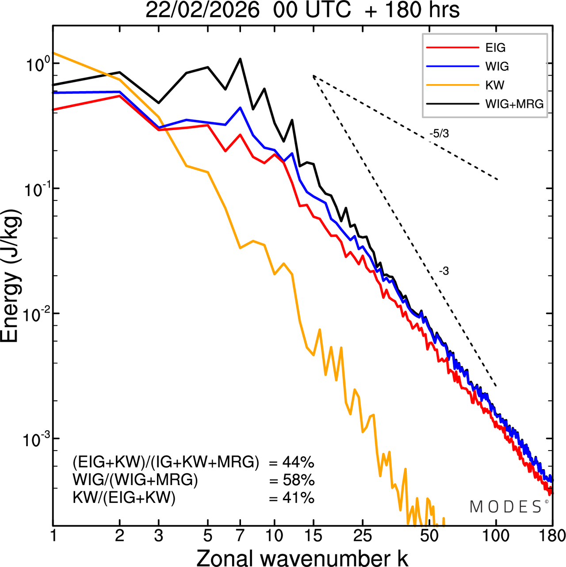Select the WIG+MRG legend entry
pos(514,104)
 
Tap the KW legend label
pos(495,85)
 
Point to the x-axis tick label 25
pos(363,536)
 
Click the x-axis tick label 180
pos(552,536)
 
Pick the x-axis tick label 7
pos(240,536)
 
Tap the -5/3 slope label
pos(439,134)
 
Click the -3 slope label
pos(444,271)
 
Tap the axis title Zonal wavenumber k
pos(302,557)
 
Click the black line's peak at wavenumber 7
pos(240,59)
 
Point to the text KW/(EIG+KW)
pos(124,498)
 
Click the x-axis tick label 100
pos(496,536)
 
